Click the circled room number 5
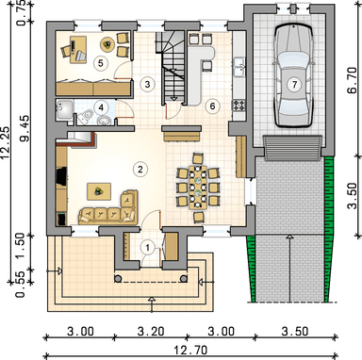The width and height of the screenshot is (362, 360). coord(100,63)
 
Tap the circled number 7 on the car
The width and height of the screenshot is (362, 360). coord(294,85)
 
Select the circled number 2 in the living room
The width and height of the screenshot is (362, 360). coord(140,170)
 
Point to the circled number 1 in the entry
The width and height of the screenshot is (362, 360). coord(147,248)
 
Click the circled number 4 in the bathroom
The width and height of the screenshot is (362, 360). coord(101,107)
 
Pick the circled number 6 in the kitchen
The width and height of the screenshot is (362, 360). coord(212,106)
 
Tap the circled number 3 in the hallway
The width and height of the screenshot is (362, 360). coord(147,84)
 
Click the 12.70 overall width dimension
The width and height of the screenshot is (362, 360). coord(191,350)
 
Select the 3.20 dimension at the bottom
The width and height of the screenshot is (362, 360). coord(151,331)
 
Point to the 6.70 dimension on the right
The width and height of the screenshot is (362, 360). coord(352,80)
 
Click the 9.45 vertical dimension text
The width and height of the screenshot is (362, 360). coord(25,128)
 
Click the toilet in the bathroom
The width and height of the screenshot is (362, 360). coord(85,117)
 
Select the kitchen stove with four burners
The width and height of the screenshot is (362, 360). coord(239,105)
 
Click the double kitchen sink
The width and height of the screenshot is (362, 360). coord(239,67)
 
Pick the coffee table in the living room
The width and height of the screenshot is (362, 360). coord(99,191)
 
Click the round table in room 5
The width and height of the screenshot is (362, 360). coord(107,45)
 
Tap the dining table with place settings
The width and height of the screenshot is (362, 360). coord(198,188)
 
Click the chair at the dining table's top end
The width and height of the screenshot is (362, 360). coord(198,158)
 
